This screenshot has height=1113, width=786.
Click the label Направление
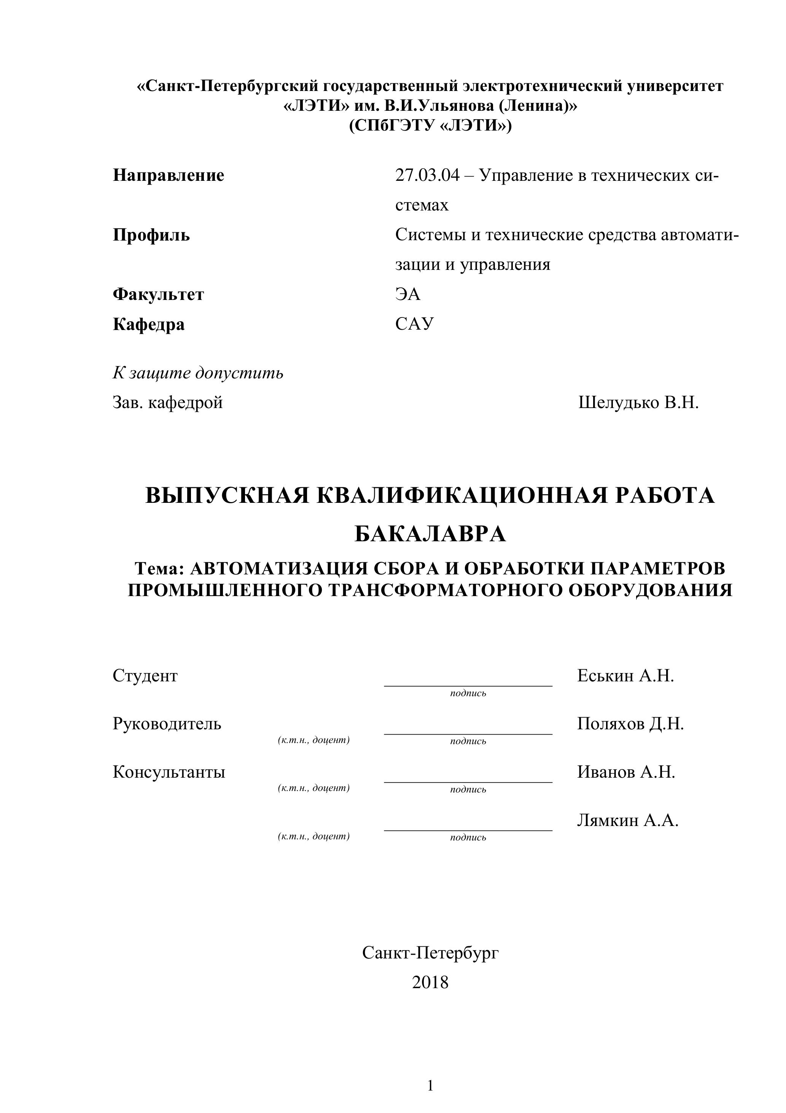168,175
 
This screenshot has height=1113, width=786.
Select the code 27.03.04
427,175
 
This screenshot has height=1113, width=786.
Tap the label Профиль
151,236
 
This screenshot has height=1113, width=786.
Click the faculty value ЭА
407,294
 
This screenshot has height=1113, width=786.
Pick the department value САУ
414,324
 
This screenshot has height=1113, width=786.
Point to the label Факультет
159,294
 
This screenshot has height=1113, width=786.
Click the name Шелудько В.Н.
638,402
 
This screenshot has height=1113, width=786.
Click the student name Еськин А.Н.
625,675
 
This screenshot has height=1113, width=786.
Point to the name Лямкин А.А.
627,820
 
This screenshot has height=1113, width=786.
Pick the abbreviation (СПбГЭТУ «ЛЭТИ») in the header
430,126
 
